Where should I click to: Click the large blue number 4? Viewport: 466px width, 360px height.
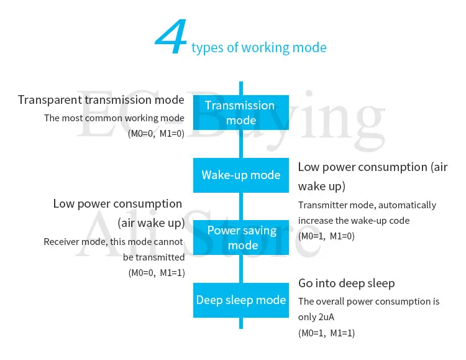(x=171, y=39)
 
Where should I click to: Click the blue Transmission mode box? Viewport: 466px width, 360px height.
(x=241, y=113)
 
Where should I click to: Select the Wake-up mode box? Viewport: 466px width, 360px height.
(x=241, y=175)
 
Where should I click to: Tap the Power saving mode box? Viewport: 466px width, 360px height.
(x=241, y=238)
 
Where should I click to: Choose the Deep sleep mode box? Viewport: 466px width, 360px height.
(x=241, y=300)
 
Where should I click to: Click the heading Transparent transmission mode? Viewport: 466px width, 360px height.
(x=101, y=99)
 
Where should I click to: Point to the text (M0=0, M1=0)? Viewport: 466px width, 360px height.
(x=156, y=133)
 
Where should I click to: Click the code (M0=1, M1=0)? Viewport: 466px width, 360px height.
(x=326, y=236)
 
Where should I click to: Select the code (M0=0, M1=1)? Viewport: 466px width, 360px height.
(x=156, y=272)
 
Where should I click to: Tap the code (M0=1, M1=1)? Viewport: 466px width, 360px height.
(x=326, y=333)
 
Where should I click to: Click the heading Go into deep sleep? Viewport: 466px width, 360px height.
(x=346, y=284)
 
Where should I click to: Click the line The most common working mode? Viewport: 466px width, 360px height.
(x=114, y=118)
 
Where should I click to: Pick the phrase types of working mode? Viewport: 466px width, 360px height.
(x=259, y=48)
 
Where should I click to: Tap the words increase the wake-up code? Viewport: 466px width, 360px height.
(x=354, y=221)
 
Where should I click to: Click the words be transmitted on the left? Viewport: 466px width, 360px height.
(x=153, y=257)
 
